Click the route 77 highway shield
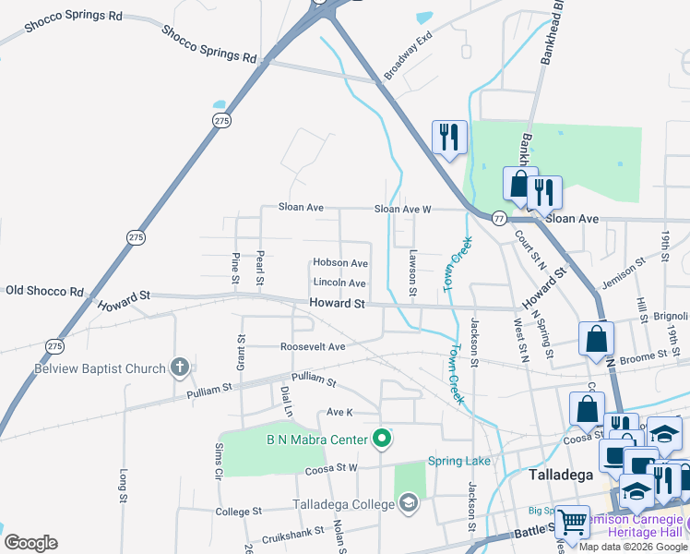click(499, 219)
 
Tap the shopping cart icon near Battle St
click(573, 522)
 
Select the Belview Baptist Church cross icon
click(180, 368)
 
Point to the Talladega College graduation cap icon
click(408, 503)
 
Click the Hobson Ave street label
click(340, 263)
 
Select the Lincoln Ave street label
click(339, 283)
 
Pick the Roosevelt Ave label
click(313, 347)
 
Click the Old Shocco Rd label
click(44, 291)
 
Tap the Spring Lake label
click(458, 461)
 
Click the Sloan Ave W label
click(402, 210)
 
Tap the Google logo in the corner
click(30, 543)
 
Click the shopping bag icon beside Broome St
click(596, 339)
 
